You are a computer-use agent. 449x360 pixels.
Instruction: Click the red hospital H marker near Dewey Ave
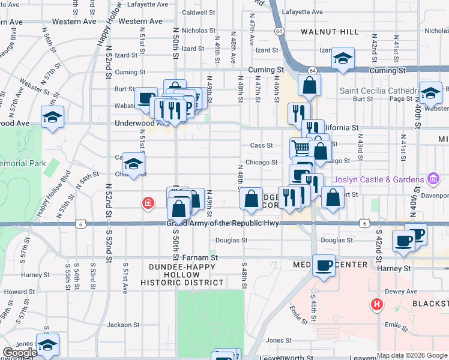point(377,304)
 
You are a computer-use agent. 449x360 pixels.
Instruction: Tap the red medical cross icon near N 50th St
point(148,204)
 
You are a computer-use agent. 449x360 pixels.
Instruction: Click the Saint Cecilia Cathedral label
point(377,91)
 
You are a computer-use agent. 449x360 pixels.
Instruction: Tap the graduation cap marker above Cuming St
point(342,58)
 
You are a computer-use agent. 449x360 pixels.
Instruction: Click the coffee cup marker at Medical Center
point(324,265)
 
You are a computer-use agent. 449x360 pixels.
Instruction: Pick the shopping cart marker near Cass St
point(301,147)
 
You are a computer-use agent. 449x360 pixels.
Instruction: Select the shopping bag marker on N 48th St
point(252,197)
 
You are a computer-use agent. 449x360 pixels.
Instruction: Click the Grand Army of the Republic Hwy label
point(223,224)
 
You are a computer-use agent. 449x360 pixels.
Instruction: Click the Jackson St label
point(123,325)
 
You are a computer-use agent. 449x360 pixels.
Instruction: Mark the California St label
point(340,128)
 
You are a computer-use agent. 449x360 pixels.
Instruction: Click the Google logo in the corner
point(20,353)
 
